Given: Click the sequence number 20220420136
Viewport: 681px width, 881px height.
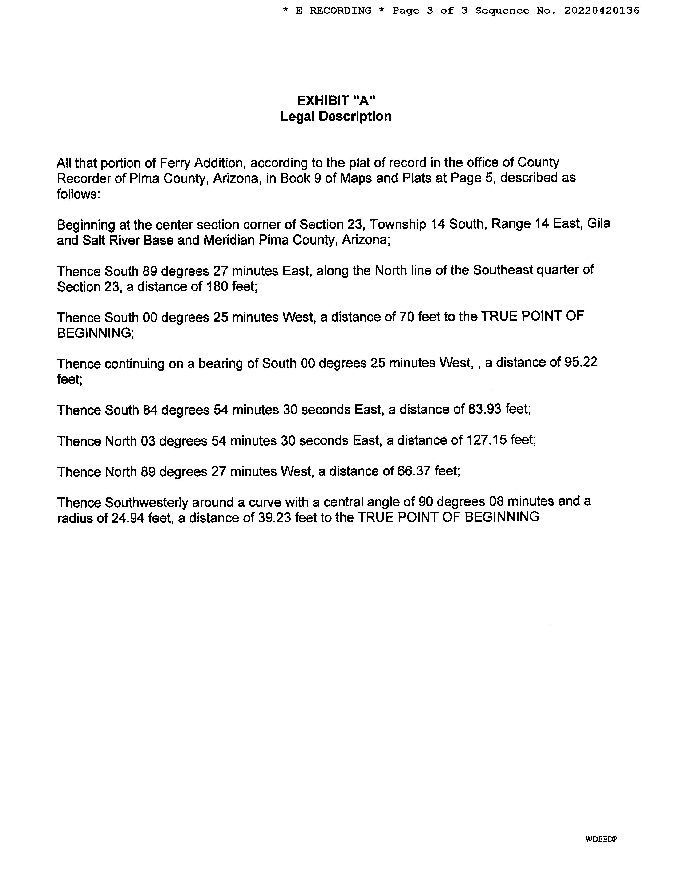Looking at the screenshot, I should coord(601,10).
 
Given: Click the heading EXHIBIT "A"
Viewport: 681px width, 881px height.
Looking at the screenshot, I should coord(336,100).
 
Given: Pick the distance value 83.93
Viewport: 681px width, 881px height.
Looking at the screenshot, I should coord(484,410).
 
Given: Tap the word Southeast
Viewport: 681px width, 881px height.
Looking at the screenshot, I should coord(503,270).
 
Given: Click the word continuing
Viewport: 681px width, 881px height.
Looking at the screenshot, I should coord(135,364).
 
